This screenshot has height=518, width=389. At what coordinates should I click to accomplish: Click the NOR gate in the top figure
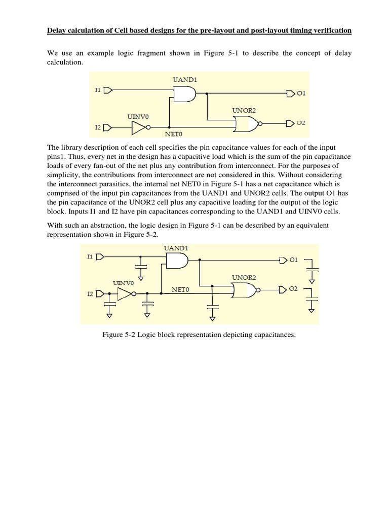(x=245, y=123)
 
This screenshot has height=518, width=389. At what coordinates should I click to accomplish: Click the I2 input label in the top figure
(x=98, y=127)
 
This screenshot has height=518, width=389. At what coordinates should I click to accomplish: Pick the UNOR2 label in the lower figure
(x=244, y=278)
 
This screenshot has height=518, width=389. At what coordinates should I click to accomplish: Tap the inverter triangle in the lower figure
(x=125, y=294)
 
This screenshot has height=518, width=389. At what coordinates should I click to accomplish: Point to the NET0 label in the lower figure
(x=180, y=290)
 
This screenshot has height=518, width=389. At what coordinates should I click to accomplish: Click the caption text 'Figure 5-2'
(x=121, y=335)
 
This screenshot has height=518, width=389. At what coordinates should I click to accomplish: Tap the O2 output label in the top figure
(x=301, y=123)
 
